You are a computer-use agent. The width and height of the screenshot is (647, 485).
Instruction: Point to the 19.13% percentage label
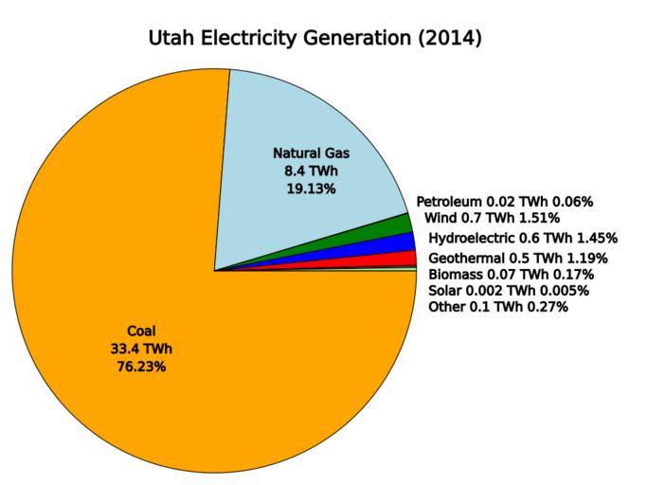click(x=311, y=189)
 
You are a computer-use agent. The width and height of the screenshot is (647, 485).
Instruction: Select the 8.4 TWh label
click(x=311, y=171)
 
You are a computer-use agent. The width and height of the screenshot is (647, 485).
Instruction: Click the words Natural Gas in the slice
click(x=311, y=153)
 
